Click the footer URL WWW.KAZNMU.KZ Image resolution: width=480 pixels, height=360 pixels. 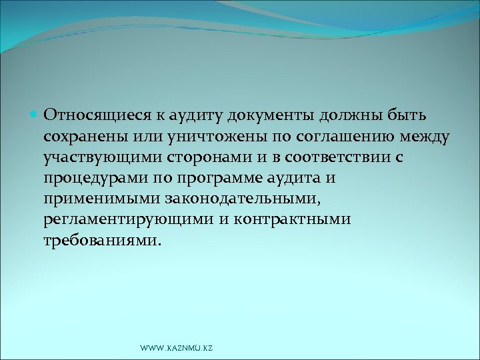tap(177, 349)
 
